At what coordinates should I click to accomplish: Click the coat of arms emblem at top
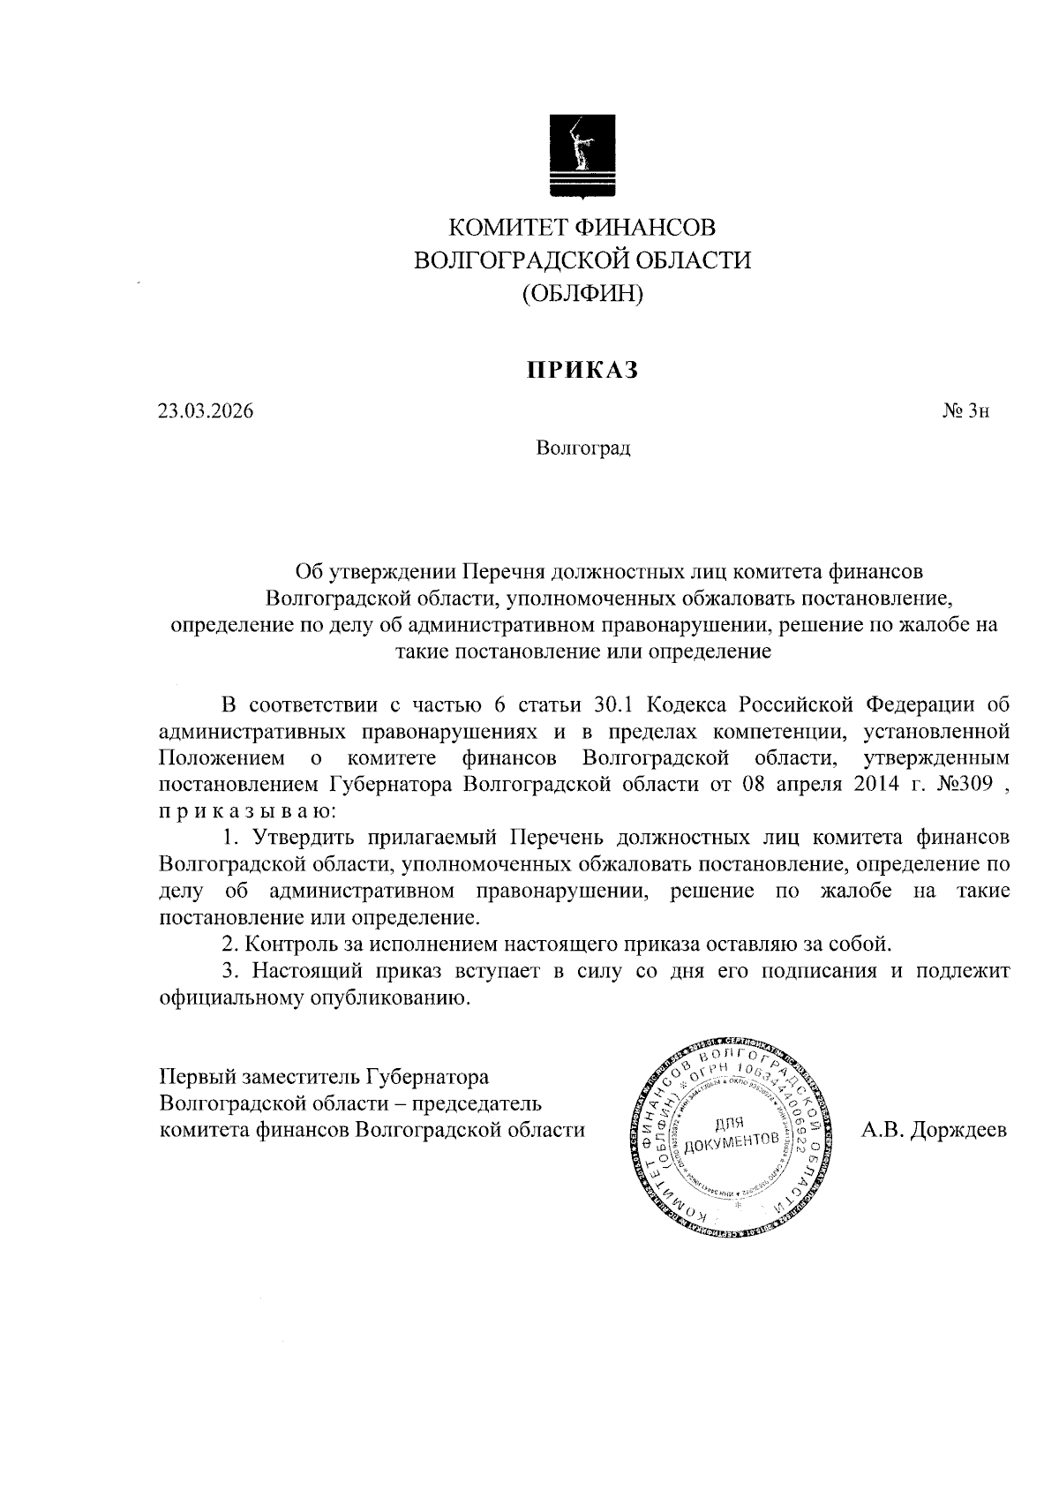click(x=582, y=156)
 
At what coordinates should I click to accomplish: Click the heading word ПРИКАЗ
click(x=582, y=371)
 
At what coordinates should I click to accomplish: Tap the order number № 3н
click(x=966, y=411)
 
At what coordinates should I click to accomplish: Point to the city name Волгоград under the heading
click(x=582, y=448)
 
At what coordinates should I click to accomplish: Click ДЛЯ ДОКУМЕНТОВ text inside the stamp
click(x=731, y=1132)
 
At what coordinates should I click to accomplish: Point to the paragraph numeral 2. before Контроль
click(x=230, y=944)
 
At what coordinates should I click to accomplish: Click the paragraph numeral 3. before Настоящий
click(x=230, y=971)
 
